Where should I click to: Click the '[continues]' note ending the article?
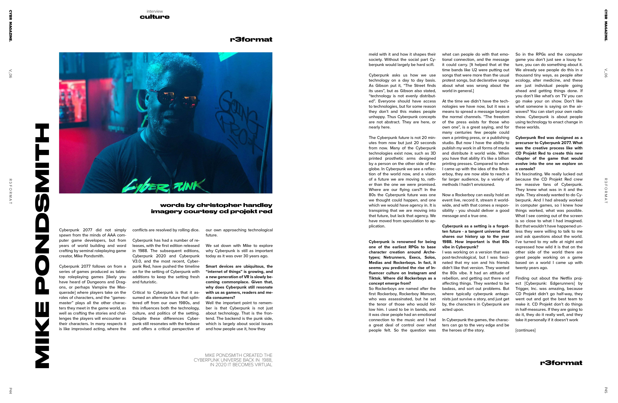pyautogui.click(x=525, y=330)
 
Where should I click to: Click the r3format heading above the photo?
pyautogui.click(x=251, y=39)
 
